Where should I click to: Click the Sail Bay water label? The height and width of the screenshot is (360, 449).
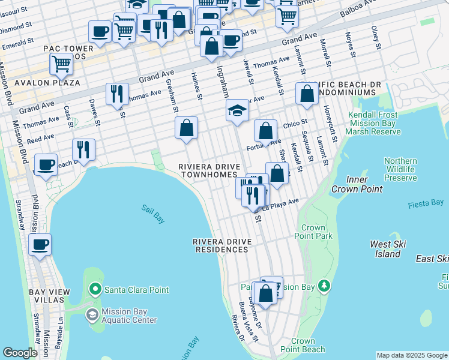(153, 214)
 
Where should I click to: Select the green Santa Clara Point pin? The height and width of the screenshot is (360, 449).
(95, 290)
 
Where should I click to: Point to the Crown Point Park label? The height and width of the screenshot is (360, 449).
(317, 232)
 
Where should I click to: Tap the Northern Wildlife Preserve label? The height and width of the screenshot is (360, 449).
(400, 169)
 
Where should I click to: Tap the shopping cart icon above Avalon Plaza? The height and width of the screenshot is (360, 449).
(61, 64)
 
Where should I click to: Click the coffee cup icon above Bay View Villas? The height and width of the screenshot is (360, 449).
(40, 245)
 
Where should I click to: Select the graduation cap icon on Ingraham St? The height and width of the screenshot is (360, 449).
(237, 110)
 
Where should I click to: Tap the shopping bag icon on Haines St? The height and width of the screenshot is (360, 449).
(186, 127)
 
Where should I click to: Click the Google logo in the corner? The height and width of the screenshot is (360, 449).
(20, 353)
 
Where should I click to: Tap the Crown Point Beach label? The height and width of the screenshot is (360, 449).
(303, 345)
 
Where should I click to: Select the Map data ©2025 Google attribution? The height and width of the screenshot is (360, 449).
(412, 355)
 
